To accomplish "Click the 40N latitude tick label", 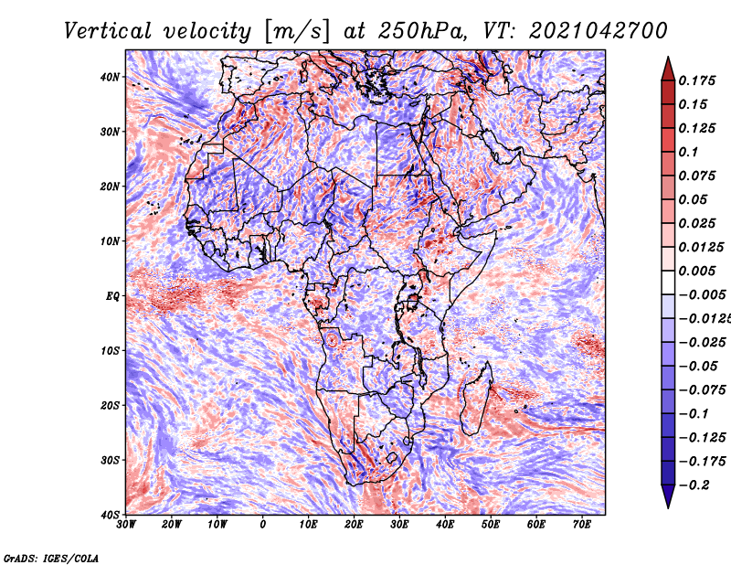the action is (x=110, y=77).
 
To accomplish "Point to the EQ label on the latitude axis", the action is (x=112, y=296).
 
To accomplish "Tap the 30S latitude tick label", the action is (x=110, y=461).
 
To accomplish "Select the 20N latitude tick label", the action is (x=110, y=187).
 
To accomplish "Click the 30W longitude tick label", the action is (x=126, y=525).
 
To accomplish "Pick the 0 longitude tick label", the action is (x=263, y=525).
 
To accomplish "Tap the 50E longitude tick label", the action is (x=491, y=525).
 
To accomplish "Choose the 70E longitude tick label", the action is (x=582, y=525).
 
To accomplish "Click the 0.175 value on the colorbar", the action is (x=696, y=80).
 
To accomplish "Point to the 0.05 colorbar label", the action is (x=693, y=199).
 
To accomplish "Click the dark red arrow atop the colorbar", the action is (x=668, y=69).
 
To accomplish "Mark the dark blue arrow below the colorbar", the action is (x=668, y=496).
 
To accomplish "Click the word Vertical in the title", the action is (x=108, y=31).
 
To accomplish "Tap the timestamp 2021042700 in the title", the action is (x=599, y=31).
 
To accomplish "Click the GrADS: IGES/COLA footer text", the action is (x=51, y=559).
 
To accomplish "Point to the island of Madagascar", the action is (x=476, y=400).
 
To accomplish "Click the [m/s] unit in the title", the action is (x=296, y=31).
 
